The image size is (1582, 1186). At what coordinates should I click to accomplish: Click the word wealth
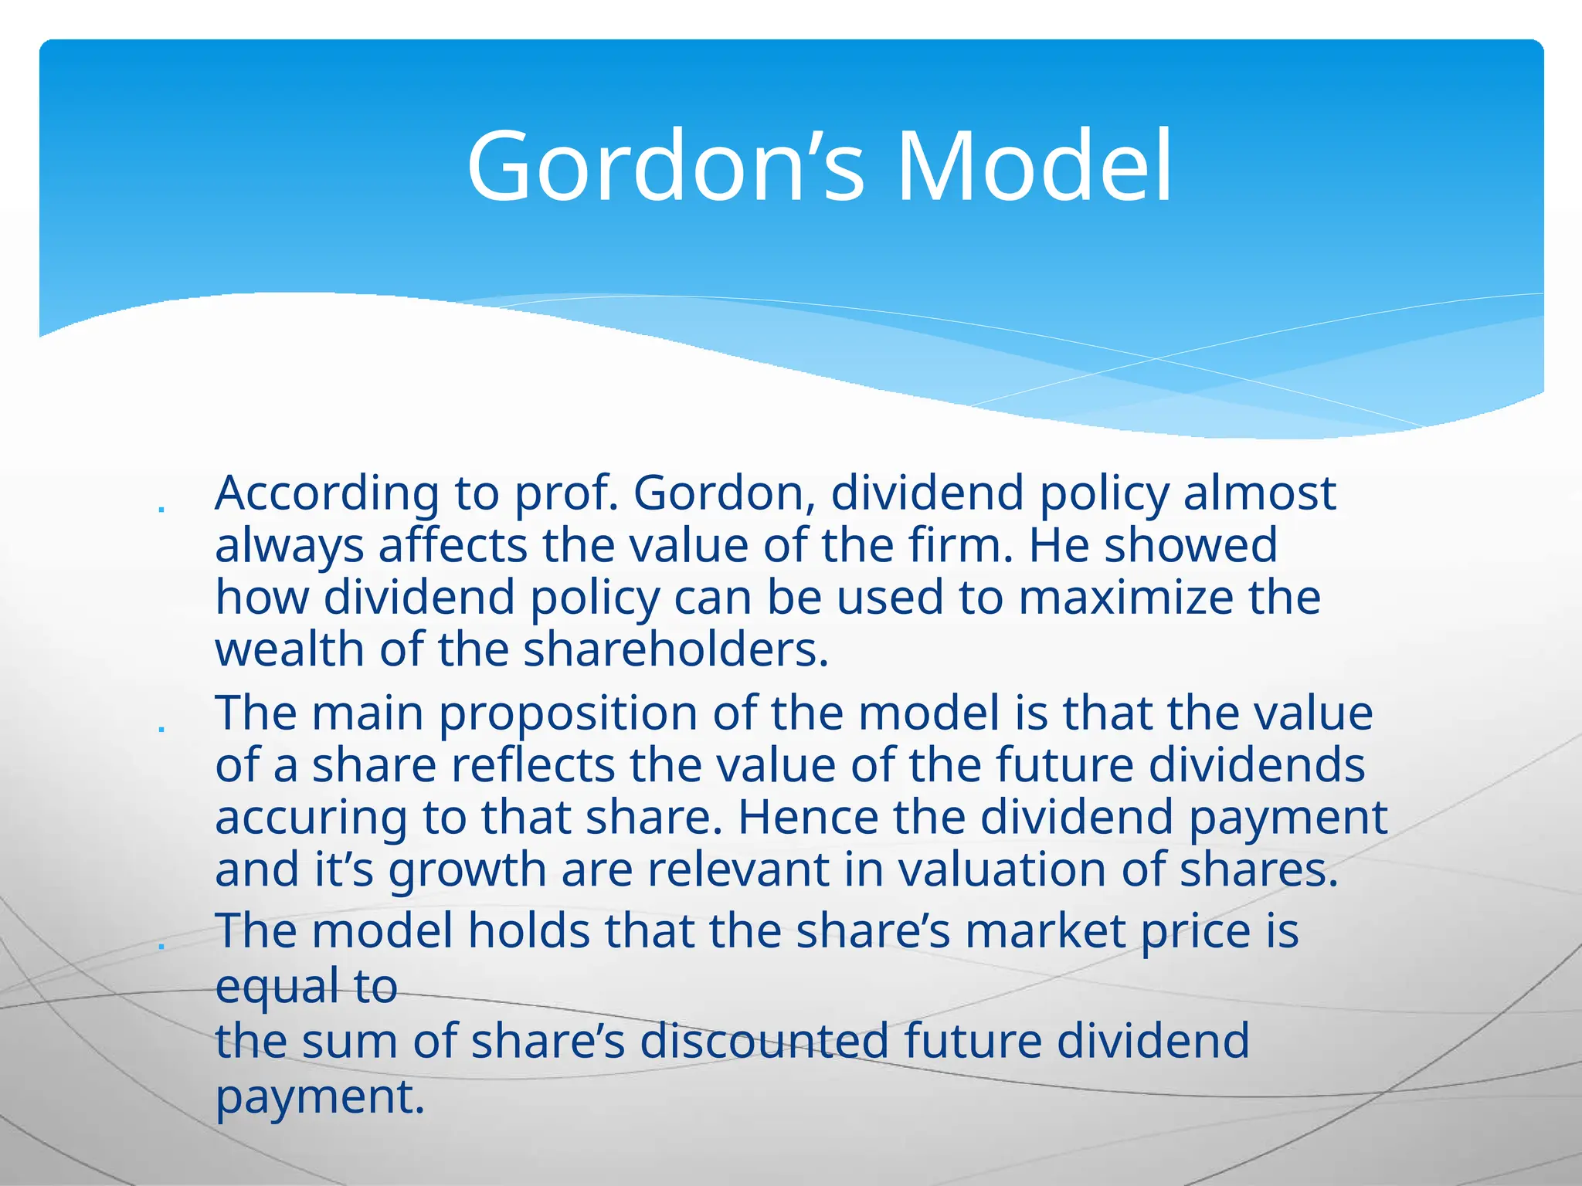289,649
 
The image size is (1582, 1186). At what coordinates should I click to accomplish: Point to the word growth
467,871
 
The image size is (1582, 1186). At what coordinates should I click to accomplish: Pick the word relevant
738,869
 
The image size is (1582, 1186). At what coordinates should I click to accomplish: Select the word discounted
765,1041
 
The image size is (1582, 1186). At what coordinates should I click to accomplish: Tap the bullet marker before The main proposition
161,729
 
